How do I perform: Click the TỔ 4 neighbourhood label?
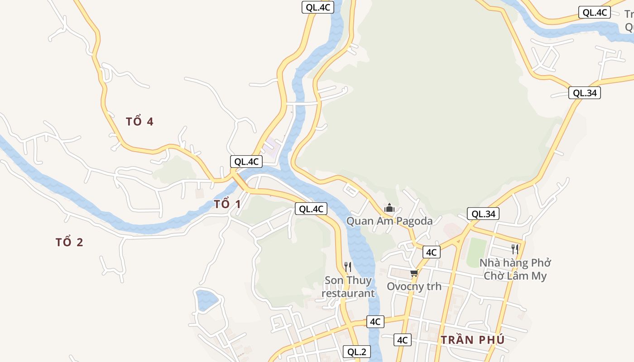139,122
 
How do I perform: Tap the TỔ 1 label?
227,204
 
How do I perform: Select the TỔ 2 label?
69,243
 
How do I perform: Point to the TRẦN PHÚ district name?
472,340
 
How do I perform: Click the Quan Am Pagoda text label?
389,221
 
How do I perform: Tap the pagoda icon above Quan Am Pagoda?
389,208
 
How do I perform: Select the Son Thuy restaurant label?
348,287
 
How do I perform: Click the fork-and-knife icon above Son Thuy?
347,267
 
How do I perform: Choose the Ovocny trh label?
414,286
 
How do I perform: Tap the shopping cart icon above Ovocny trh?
413,273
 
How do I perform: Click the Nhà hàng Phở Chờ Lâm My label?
515,269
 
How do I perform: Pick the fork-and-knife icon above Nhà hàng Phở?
514,249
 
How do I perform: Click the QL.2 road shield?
356,352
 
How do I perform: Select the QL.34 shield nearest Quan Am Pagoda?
483,214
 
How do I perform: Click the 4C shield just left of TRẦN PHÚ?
403,340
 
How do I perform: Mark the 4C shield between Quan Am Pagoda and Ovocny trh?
431,252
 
